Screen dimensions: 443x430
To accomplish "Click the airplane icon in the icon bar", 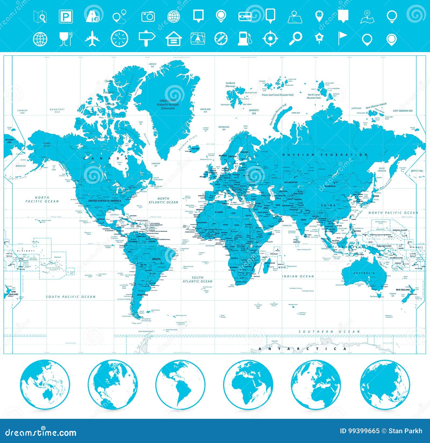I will (92, 39).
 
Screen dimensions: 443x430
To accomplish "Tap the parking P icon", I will (66, 16).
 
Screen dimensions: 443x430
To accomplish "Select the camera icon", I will (148, 16).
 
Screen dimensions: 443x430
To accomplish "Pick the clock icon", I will (119, 39).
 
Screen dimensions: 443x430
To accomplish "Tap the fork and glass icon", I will (66, 39).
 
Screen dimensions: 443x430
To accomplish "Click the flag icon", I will (342, 39).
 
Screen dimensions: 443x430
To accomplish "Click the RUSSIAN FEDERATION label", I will (325, 155).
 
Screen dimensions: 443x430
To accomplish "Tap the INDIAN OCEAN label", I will (298, 276).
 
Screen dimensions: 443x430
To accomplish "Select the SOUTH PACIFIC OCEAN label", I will (70, 297).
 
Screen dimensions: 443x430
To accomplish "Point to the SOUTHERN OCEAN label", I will (329, 332).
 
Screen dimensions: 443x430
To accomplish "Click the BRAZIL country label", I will (156, 259).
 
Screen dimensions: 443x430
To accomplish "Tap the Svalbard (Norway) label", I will (230, 85).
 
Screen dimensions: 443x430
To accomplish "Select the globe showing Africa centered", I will (248, 385).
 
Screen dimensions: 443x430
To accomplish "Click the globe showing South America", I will (180, 385).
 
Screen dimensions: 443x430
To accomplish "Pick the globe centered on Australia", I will (45, 385).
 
